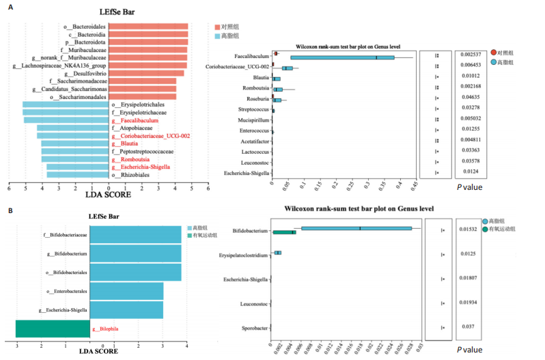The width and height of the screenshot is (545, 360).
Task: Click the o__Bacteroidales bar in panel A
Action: coord(148,27)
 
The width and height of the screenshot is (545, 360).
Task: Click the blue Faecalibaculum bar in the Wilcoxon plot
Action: coord(341,57)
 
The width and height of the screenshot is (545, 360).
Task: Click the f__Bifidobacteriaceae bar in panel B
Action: coord(135,235)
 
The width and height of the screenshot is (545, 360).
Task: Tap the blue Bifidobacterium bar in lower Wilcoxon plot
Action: coord(356,229)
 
